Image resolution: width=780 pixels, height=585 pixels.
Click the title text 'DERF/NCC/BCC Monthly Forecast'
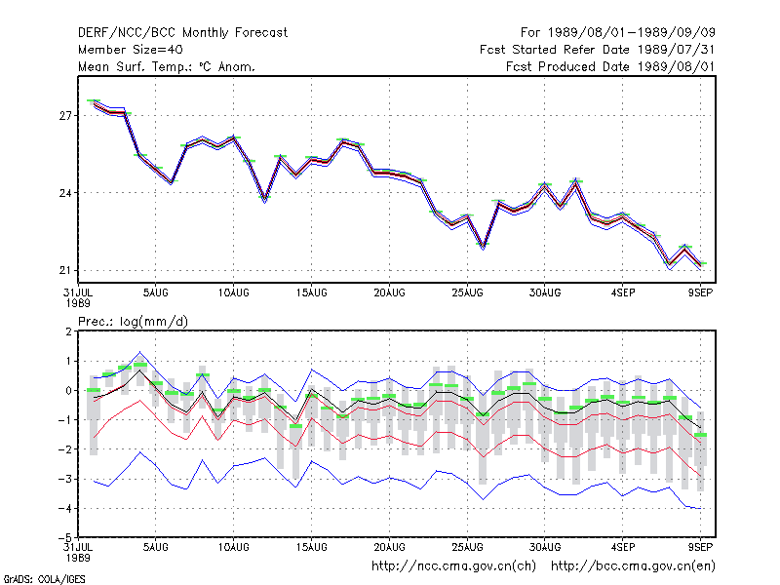(x=182, y=33)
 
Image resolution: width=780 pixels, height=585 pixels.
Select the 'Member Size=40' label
(x=131, y=50)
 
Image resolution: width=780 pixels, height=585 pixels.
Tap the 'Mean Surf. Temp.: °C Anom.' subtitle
(x=167, y=66)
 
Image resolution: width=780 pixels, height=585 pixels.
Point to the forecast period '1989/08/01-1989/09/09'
(x=631, y=33)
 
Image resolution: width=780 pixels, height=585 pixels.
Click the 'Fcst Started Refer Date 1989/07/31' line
(x=598, y=50)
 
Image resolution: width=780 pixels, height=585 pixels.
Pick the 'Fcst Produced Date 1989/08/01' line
(x=610, y=66)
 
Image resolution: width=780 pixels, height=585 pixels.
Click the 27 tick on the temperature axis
(x=65, y=116)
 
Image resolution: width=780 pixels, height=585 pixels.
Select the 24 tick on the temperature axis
(x=65, y=193)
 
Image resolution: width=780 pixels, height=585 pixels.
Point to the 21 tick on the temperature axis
(x=65, y=271)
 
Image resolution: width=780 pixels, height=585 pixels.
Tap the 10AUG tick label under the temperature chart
(x=233, y=293)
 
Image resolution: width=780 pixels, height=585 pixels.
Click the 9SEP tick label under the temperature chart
(x=700, y=293)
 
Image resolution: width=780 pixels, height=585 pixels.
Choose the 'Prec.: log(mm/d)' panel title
(x=134, y=322)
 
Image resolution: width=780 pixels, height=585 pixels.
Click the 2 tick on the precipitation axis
(x=68, y=331)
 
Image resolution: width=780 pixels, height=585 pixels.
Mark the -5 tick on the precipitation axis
(x=65, y=538)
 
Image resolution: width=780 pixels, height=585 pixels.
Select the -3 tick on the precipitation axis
(x=65, y=479)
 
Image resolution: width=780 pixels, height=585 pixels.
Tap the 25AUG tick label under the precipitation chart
(x=467, y=547)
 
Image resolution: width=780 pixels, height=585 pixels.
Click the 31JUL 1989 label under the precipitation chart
(x=78, y=552)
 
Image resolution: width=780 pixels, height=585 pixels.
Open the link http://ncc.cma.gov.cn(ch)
(x=453, y=566)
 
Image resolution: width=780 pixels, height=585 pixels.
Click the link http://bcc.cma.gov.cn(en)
(x=633, y=566)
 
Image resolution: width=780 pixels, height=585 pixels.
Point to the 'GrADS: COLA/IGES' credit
(x=44, y=579)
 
